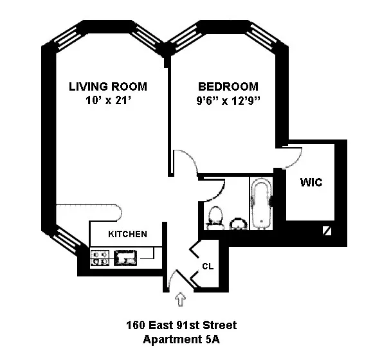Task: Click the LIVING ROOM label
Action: coord(108,87)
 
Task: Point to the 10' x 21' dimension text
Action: coord(108,100)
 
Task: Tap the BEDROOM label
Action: coord(228,87)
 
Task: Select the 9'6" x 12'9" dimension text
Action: coord(228,100)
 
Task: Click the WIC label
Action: coord(311,183)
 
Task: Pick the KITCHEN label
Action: coord(127,234)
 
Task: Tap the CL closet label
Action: coord(207,265)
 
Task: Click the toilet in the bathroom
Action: coord(214,217)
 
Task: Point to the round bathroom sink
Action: coord(238,222)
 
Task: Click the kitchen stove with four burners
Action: coord(100,258)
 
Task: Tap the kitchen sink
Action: coord(126,258)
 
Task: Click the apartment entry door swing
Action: coord(175,278)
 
